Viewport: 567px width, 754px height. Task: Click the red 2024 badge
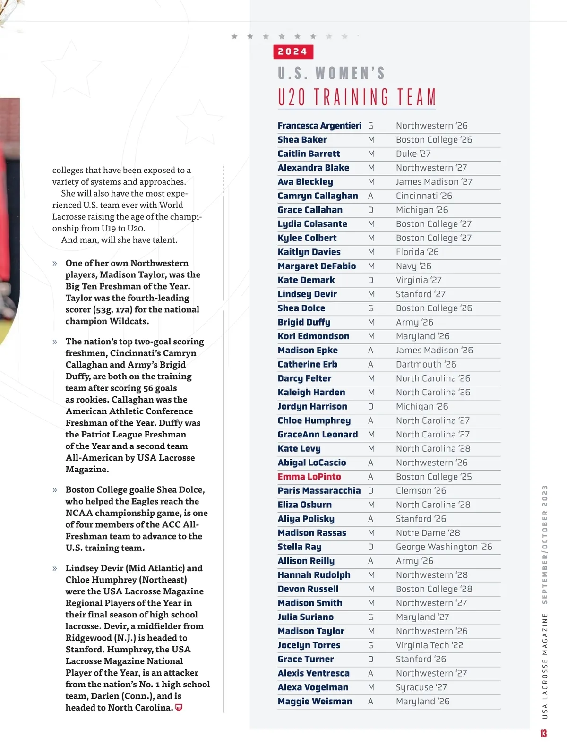(293, 51)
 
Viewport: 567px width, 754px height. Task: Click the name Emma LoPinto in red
(309, 477)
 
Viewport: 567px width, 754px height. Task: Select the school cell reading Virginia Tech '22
(430, 645)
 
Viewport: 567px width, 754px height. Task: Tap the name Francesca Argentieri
(319, 126)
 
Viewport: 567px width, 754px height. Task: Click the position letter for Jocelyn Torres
(370, 645)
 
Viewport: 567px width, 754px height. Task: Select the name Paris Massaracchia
(319, 490)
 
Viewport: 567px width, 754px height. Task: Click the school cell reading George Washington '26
(444, 547)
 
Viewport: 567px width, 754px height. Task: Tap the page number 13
(543, 733)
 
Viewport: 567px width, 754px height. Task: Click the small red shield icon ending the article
(179, 708)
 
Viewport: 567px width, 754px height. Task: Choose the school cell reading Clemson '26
(421, 490)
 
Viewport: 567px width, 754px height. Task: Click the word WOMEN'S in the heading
(350, 73)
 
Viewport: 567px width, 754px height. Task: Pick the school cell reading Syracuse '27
(421, 687)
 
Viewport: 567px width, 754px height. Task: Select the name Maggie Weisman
(315, 701)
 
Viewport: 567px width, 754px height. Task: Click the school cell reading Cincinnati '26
(424, 196)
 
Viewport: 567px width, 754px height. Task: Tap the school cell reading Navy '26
(413, 266)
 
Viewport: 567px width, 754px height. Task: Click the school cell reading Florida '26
(417, 252)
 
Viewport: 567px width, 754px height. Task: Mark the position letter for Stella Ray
(370, 547)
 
